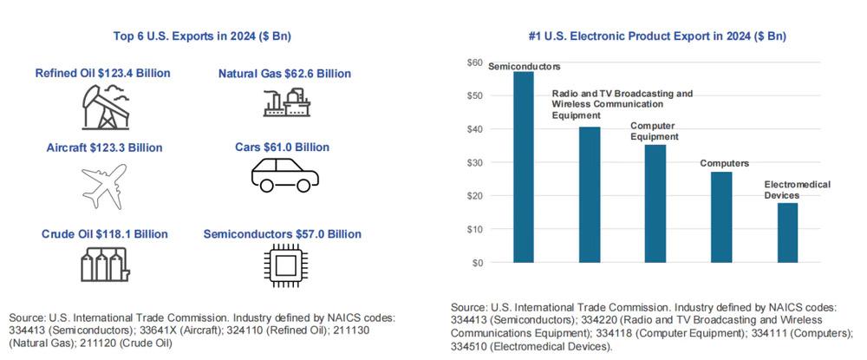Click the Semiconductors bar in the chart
coord(524,167)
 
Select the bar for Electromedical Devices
coord(787,232)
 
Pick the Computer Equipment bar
coord(655,203)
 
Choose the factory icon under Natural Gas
coord(284,102)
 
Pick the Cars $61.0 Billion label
coord(284,147)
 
